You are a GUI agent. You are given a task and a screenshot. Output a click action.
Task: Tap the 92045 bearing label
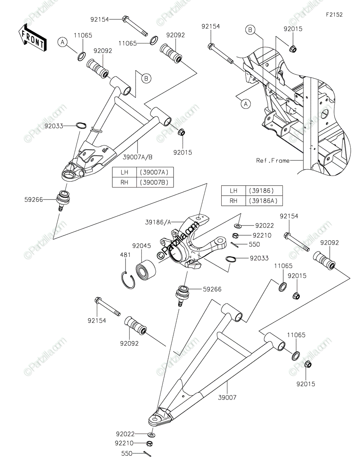pos(140,245)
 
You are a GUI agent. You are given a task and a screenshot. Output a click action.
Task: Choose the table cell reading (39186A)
pos(267,201)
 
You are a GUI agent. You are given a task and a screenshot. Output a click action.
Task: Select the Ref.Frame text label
pos(273,160)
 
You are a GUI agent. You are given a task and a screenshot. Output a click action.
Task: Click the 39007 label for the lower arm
pos(227,397)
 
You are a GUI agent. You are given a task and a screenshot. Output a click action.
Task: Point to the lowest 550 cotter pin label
pos(127,453)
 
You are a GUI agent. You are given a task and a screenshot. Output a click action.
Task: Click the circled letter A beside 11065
pos(62,42)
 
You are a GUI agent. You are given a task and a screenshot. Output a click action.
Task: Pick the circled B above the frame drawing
pos(250,29)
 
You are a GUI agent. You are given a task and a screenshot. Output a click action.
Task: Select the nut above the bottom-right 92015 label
pos(308,364)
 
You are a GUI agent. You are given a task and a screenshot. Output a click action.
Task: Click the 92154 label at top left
pos(100,19)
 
